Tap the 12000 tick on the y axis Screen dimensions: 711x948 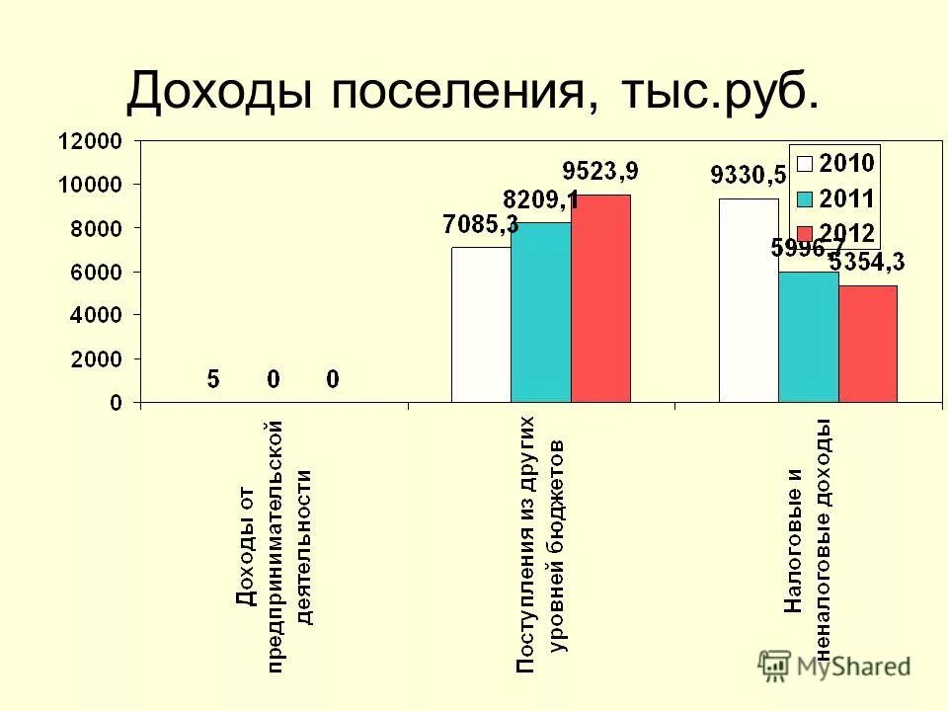[90, 141]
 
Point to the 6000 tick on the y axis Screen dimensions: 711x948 [95, 272]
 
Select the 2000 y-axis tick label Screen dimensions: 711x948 [95, 358]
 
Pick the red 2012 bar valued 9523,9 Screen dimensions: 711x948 [600, 298]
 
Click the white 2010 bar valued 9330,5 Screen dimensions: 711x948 [749, 300]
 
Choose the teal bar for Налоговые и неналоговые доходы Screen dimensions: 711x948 [809, 337]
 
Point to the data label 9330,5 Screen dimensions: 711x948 [748, 176]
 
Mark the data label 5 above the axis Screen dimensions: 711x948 [213, 378]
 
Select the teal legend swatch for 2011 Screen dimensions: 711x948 [805, 198]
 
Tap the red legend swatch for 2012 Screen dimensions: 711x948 [805, 233]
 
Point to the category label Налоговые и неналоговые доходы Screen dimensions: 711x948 [808, 534]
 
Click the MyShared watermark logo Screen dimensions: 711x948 [834, 666]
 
